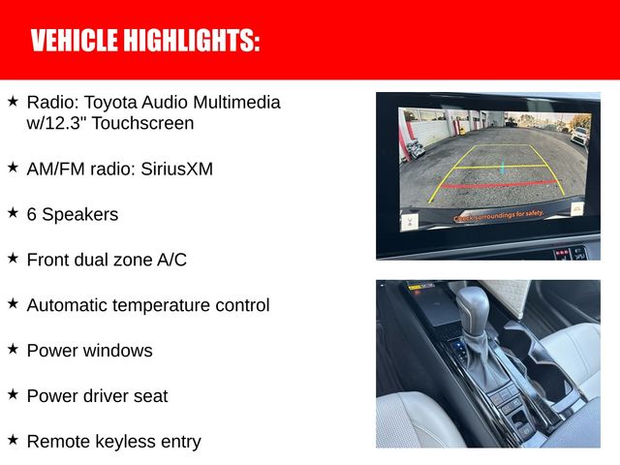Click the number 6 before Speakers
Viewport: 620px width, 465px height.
(32, 214)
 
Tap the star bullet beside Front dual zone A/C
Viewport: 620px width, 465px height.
(13, 258)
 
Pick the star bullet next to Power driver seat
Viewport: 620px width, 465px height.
(13, 394)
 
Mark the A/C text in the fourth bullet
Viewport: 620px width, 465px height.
(170, 260)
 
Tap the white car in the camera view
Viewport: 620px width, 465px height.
(580, 134)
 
